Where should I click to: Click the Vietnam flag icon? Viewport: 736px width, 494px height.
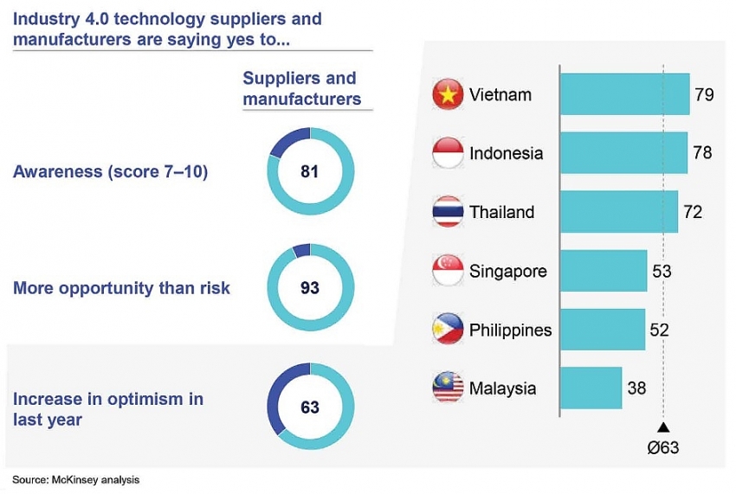click(x=448, y=93)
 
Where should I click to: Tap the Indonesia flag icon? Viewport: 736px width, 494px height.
click(x=448, y=153)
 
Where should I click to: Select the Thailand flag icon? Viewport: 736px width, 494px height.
click(x=448, y=212)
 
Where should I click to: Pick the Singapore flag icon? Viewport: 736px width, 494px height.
click(x=448, y=271)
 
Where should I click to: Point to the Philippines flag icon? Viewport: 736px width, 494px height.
click(x=448, y=330)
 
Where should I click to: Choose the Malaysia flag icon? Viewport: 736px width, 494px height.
click(x=448, y=388)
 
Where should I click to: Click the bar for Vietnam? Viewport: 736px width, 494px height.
click(x=624, y=93)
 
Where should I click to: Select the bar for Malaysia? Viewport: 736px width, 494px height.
click(x=591, y=388)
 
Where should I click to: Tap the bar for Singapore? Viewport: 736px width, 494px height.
click(x=604, y=271)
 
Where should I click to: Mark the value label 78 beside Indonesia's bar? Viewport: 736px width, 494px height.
click(x=702, y=153)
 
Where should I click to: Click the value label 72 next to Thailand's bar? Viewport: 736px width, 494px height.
click(x=692, y=212)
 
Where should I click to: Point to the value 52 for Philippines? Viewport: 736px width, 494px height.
click(x=659, y=330)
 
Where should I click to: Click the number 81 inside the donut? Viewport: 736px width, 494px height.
click(x=310, y=171)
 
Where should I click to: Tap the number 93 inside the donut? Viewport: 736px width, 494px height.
click(x=310, y=288)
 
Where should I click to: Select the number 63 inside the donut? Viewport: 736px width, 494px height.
click(x=310, y=407)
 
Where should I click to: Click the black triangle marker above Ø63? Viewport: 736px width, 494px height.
click(x=663, y=427)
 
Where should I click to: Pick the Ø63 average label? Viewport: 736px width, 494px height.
click(x=663, y=448)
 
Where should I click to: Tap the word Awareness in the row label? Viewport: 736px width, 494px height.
click(x=56, y=171)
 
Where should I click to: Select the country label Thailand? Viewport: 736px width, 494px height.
click(x=501, y=212)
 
